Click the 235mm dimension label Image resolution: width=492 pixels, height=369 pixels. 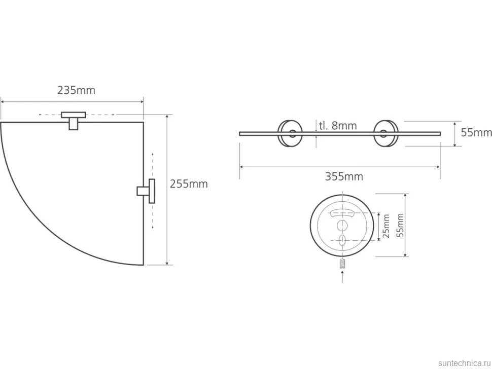tap(76, 90)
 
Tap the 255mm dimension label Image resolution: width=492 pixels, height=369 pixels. tap(189, 183)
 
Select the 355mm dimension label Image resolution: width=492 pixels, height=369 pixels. tap(344, 176)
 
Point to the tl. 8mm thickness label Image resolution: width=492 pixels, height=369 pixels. tap(338, 126)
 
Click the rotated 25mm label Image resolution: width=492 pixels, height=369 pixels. tap(386, 226)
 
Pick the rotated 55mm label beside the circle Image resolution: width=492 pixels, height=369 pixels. tap(400, 225)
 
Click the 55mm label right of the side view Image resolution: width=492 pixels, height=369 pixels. tap(476, 133)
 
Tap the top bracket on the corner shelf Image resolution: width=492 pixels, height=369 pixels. tap(74, 121)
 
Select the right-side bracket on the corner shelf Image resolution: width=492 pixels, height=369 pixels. tap(146, 191)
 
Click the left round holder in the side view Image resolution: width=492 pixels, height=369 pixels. tap(290, 133)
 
